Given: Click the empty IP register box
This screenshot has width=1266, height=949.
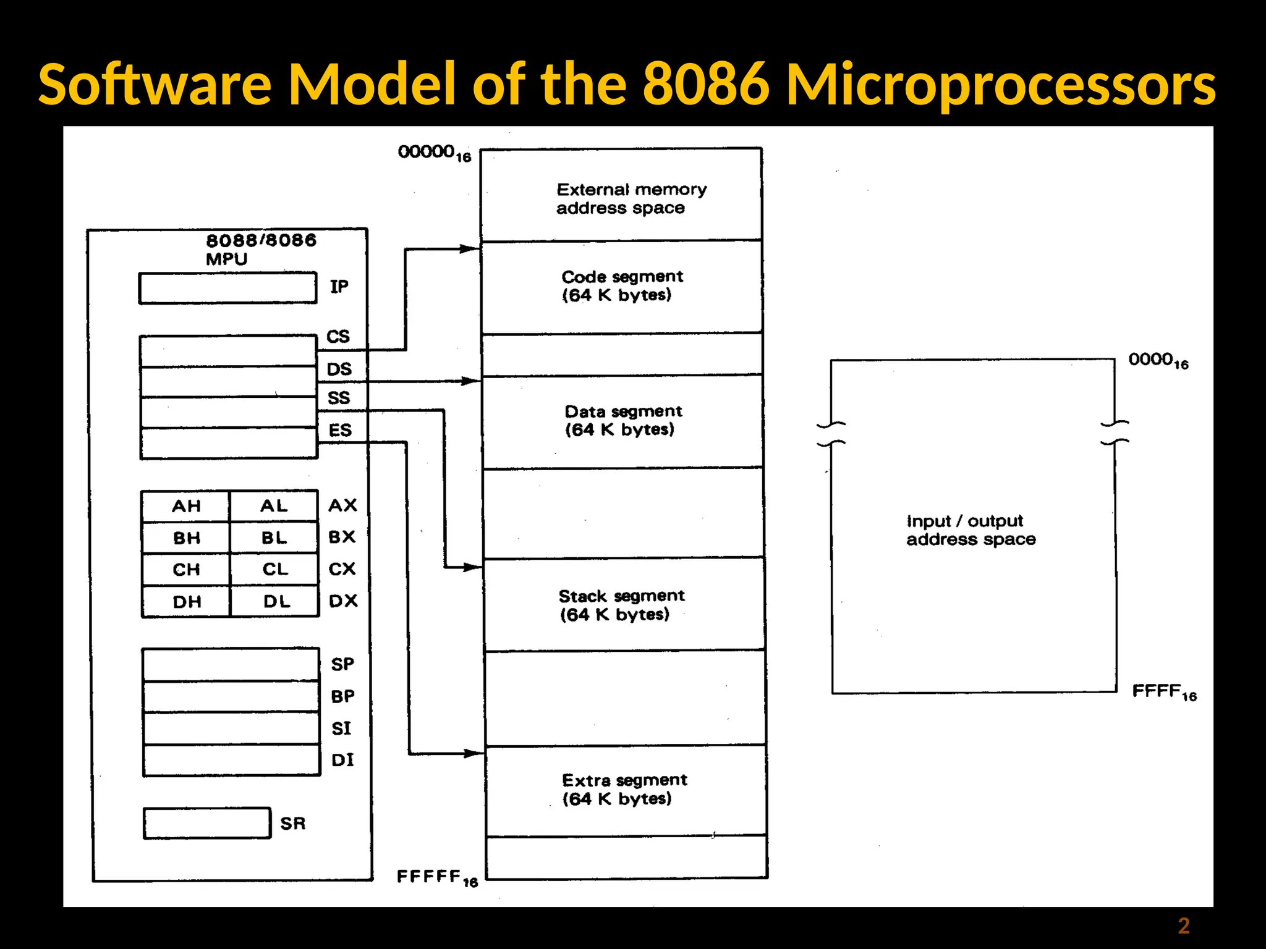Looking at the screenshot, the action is point(227,288).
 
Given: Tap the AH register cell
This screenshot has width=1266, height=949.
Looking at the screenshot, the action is point(185,506).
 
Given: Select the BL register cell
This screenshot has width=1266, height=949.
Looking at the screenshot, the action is point(274,538).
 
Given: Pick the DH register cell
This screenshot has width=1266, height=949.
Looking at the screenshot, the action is point(186,601).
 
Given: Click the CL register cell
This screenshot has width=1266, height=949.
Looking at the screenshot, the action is point(275,569).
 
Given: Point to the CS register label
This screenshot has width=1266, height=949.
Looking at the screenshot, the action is point(338,337).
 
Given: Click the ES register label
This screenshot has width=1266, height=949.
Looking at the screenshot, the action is point(340,430).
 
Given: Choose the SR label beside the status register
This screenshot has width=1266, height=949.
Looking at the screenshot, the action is point(293,824).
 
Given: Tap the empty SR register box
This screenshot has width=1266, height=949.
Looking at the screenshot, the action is point(207,823).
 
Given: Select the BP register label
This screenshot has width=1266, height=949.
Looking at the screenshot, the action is point(342,696).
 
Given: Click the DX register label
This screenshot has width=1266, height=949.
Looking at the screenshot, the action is point(343,601).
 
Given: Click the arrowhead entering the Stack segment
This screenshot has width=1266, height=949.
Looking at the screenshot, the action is point(473,567).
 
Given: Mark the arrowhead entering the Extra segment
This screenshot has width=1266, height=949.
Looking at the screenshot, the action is point(474,753).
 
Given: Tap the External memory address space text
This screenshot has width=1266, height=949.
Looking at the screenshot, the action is point(631,198).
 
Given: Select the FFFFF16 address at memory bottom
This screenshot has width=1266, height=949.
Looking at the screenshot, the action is point(437,877).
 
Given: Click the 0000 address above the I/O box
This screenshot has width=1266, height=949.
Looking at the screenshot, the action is point(1158,360).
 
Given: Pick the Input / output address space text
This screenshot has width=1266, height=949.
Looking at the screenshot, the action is point(971,530).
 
